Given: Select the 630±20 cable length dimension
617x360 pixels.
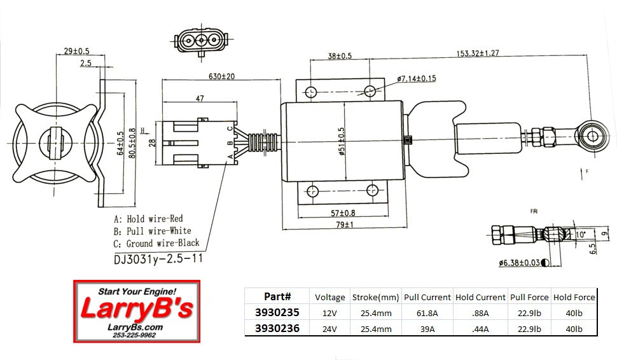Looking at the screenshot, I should (221, 76).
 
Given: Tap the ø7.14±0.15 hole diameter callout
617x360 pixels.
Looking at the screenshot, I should (417, 78).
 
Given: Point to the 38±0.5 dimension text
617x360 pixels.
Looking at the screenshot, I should (340, 56).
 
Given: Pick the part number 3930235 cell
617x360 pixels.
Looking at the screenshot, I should (277, 312).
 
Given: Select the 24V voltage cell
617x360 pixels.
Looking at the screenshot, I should (329, 329).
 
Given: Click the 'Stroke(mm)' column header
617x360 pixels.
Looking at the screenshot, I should (375, 297).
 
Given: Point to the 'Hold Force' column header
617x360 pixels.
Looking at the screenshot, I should (574, 297).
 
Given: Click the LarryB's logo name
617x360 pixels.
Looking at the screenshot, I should (136, 310).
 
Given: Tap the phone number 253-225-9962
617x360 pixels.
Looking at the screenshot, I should (135, 335).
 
